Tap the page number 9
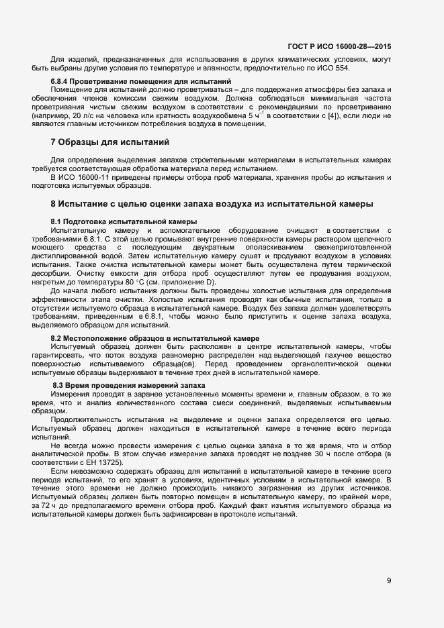click(389, 580)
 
